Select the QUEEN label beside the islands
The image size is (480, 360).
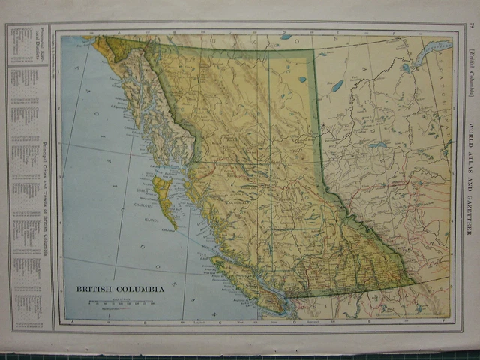point(160,190)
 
